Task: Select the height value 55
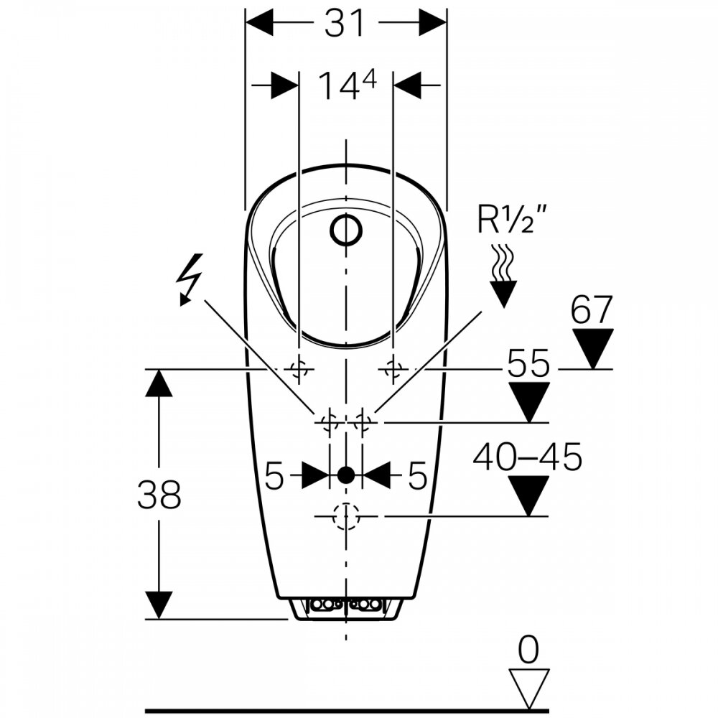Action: (528, 363)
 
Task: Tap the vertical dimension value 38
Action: (159, 495)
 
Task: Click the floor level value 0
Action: (528, 651)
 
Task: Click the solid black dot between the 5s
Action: (346, 474)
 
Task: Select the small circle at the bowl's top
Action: (346, 230)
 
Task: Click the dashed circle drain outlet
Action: (346, 516)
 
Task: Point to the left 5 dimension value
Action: (275, 475)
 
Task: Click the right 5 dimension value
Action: (418, 475)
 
